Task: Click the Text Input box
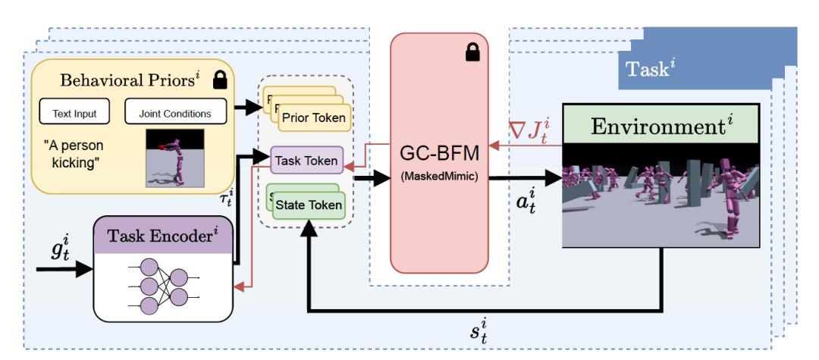(74, 114)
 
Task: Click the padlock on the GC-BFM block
(472, 52)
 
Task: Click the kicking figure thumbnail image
(174, 158)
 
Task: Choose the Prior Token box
(314, 117)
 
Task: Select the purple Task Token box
(308, 161)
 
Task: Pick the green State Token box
(309, 205)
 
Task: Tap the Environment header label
(661, 124)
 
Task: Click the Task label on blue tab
(650, 70)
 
